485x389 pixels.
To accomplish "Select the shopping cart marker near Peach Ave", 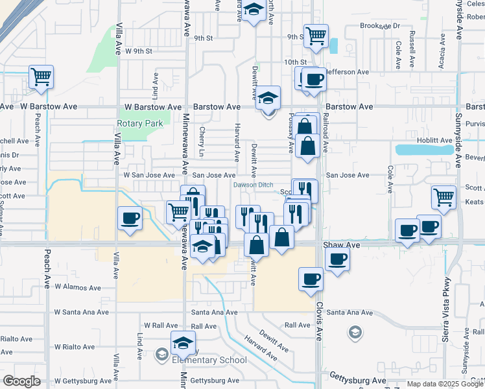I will tap(41, 77).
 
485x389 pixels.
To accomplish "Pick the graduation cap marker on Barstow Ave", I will tap(266, 98).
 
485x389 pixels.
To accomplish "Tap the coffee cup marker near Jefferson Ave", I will tap(314, 80).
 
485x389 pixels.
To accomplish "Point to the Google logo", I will tap(21, 381).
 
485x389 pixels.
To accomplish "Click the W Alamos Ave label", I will tap(78, 287).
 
